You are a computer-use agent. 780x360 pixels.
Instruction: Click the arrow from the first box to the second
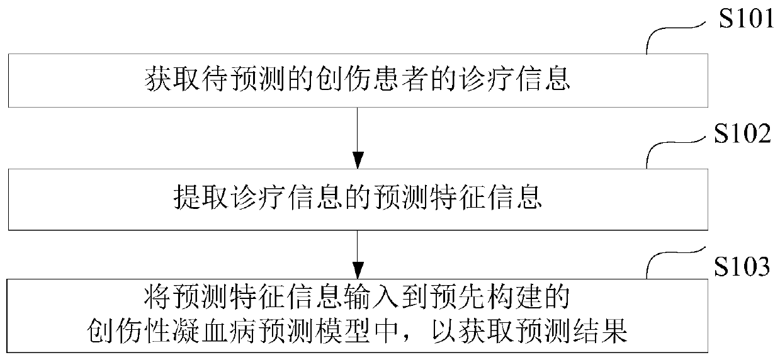[x=358, y=138]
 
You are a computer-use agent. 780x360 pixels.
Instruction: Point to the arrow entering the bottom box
[x=358, y=254]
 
